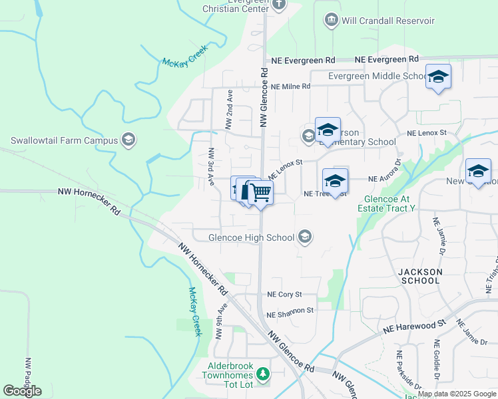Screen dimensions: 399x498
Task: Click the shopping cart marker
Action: coord(260,193)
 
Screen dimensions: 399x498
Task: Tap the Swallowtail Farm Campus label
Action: coord(63,140)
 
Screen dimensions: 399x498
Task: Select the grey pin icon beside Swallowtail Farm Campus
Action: coord(128,140)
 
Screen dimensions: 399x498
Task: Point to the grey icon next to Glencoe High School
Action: coord(305,237)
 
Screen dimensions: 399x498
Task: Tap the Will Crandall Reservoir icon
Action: coord(331,21)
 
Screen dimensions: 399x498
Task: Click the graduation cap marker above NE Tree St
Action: coord(335,181)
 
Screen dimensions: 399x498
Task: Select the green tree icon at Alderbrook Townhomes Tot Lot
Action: coord(263,375)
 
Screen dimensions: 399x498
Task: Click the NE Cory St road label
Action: coord(284,294)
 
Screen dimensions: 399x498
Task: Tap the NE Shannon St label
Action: coord(290,311)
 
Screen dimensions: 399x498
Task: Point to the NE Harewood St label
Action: coord(414,325)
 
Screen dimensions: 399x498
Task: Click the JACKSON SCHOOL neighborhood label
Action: coord(419,276)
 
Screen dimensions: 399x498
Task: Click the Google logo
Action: coord(22,391)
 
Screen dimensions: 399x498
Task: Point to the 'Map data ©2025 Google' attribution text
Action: coord(457,394)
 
